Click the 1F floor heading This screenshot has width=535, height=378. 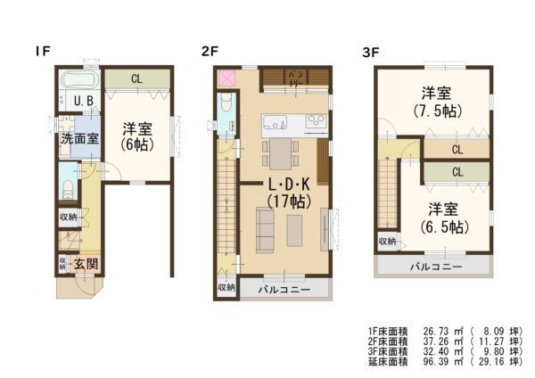(42, 52)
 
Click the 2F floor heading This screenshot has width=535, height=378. (210, 52)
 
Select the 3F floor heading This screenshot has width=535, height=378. (371, 52)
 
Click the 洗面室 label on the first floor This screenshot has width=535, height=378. (79, 139)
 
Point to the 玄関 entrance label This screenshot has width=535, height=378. (86, 263)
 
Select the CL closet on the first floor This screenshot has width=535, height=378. (136, 79)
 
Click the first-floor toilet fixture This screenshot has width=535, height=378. (69, 189)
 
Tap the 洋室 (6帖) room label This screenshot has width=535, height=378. (137, 136)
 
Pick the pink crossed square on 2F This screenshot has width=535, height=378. (225, 78)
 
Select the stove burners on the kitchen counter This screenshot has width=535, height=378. (315, 122)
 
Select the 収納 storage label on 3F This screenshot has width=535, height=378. (387, 241)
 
